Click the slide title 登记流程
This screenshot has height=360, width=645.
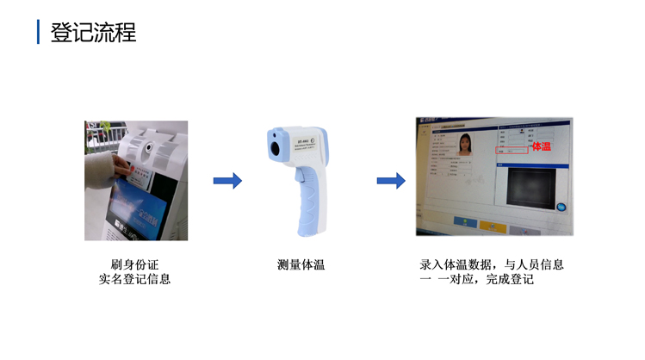click(x=93, y=33)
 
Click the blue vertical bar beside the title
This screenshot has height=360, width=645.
click(x=38, y=33)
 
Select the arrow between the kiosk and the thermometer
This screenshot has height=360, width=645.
click(x=227, y=181)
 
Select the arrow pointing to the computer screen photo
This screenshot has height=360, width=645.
click(x=391, y=181)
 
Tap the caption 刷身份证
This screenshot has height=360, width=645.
click(x=135, y=264)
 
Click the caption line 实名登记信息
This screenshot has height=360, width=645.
click(x=135, y=280)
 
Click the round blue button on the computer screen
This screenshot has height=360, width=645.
click(x=561, y=207)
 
